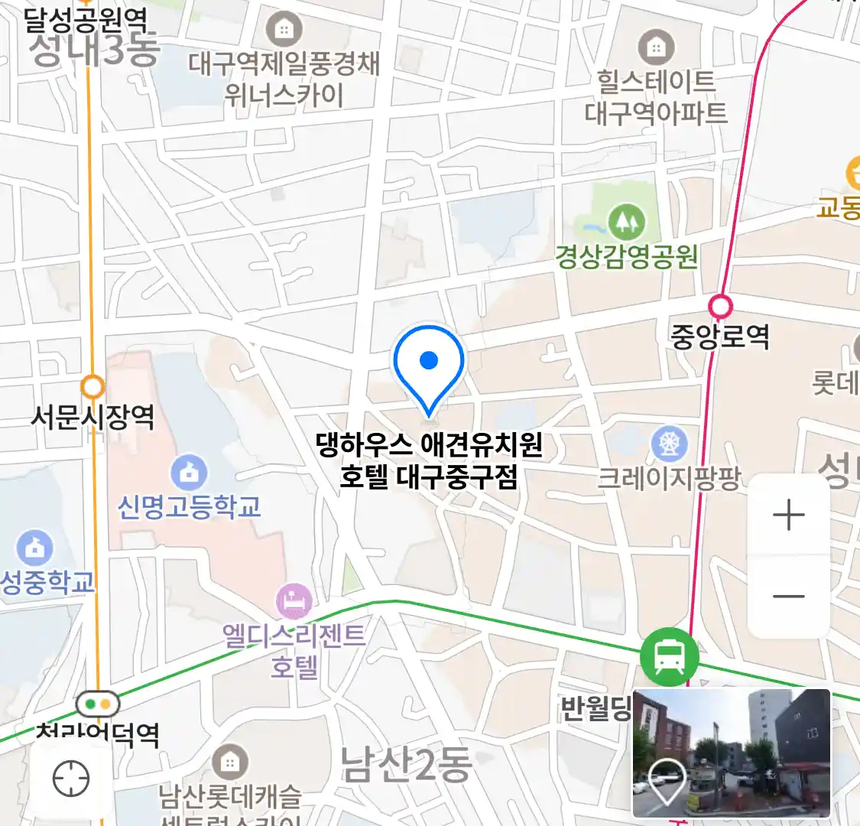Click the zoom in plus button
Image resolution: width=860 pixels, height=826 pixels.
point(789,515)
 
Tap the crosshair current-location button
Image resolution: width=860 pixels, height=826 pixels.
point(71,779)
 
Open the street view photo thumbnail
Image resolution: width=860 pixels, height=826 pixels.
point(732,753)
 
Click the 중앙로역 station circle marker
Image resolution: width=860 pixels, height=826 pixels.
point(720,307)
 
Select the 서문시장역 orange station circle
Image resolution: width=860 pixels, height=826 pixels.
point(93,387)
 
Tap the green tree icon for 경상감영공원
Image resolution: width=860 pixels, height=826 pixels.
point(626,222)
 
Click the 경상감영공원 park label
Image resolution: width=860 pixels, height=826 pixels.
point(627,257)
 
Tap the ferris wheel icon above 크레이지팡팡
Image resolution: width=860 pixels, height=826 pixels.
point(669,444)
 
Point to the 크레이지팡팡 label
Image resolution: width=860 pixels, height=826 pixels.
point(669,479)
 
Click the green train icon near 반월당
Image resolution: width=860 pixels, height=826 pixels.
point(669,657)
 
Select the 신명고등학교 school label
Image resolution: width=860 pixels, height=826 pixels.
point(189,506)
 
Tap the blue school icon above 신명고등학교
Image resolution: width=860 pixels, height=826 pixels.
point(189,473)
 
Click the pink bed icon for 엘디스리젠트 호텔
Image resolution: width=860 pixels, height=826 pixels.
point(294,602)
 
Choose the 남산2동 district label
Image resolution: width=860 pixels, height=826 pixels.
point(406,765)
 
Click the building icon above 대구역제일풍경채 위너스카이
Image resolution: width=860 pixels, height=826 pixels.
point(284,30)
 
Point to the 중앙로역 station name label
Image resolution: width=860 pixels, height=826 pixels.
point(720,337)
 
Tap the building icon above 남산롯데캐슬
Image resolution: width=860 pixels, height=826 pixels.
point(229,763)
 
